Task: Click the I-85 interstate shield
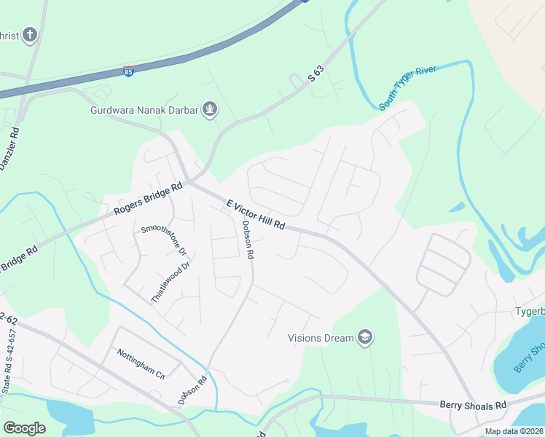pos(128,72)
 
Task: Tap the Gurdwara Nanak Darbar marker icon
pos(210,110)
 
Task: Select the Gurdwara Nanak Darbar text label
pos(145,111)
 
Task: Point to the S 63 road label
pos(315,73)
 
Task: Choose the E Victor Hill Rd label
pos(254,215)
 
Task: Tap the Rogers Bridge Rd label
pos(147,200)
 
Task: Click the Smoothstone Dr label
pos(165,240)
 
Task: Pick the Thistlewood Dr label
pos(170,282)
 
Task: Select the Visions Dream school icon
pos(365,337)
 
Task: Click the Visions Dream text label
pos(320,338)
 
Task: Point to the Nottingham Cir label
pos(141,363)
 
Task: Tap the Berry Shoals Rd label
pos(472,404)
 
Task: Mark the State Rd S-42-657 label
pos(8,362)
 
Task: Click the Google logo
pos(24,428)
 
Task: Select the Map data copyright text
pos(514,431)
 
